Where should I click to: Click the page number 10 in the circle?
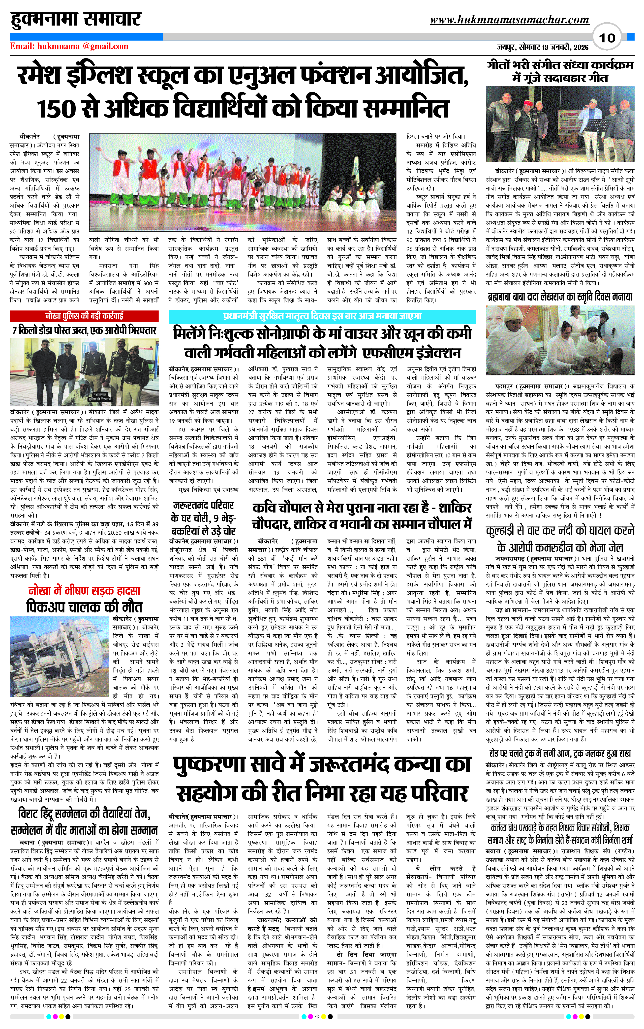point(607,38)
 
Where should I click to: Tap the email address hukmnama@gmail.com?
point(69,46)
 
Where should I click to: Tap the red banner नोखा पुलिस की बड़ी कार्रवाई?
point(84,316)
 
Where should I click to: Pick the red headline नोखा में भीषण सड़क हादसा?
point(84,591)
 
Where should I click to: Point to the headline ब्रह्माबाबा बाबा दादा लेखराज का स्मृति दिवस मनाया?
point(560,297)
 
